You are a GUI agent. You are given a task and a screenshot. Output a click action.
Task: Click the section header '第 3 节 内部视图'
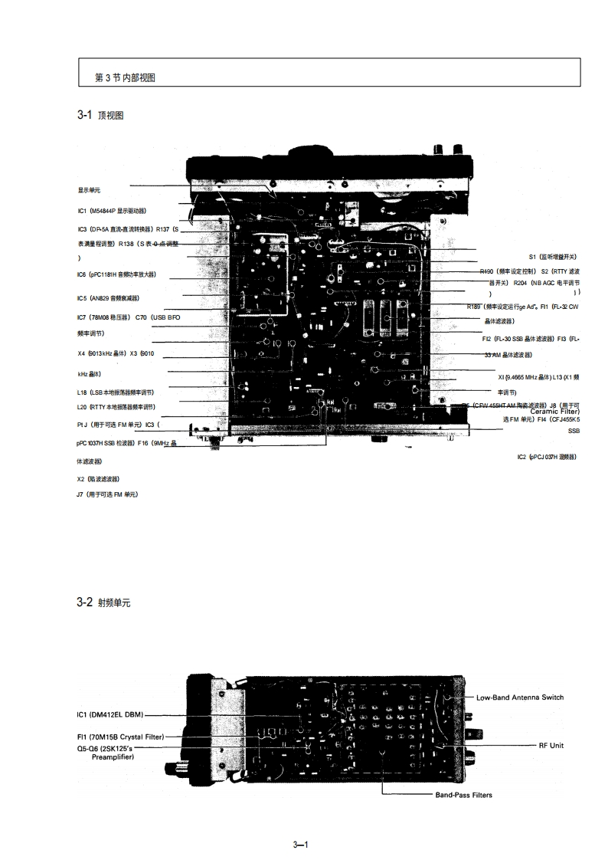(126, 78)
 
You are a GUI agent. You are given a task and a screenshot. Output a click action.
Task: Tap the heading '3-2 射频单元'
(103, 603)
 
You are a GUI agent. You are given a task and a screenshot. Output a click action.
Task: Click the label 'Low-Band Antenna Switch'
(519, 698)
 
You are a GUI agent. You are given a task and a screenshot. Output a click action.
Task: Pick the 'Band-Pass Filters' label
(463, 795)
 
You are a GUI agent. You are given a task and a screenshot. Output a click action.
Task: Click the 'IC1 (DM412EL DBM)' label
(110, 715)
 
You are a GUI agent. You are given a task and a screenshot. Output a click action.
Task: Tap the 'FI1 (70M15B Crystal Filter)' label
(120, 737)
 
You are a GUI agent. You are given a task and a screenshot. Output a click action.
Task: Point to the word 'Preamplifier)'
(113, 757)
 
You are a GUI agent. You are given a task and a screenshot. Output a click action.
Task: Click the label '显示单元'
(89, 190)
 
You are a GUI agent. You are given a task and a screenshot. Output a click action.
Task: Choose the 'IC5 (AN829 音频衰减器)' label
(108, 298)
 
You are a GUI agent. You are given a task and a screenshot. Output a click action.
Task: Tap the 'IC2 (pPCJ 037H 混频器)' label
(547, 457)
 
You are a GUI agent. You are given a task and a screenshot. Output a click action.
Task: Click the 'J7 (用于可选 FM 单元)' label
(107, 495)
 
